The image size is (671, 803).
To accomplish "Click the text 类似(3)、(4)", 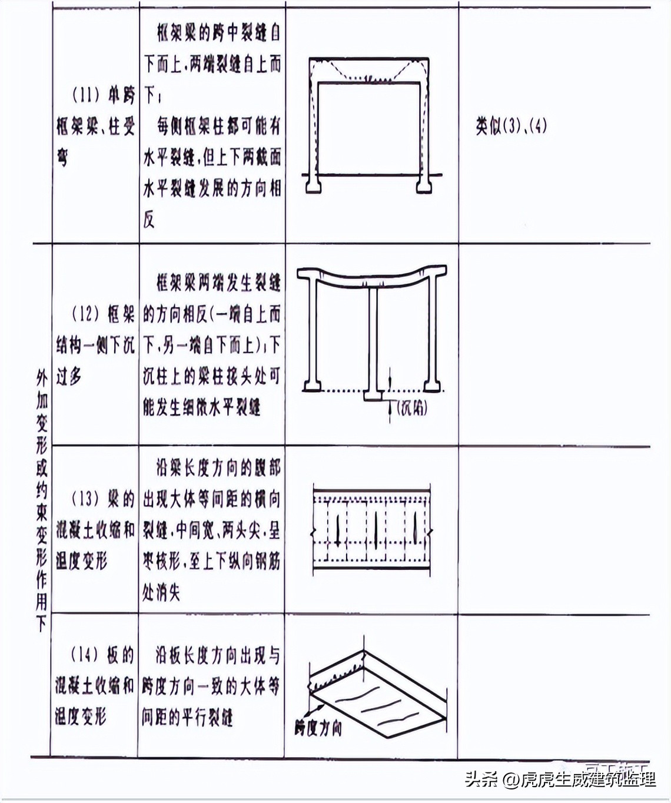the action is pyautogui.click(x=511, y=126).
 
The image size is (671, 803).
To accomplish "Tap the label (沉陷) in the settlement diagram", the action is pyautogui.click(x=412, y=408).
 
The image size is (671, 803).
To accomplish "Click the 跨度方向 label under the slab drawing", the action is pyautogui.click(x=318, y=728).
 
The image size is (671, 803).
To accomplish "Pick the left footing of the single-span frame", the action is pyautogui.click(x=314, y=185).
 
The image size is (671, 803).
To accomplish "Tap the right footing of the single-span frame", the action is pyautogui.click(x=423, y=185).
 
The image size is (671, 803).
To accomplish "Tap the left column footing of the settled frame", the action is pyautogui.click(x=312, y=385).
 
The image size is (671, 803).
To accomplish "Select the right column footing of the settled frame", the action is pyautogui.click(x=432, y=385).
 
